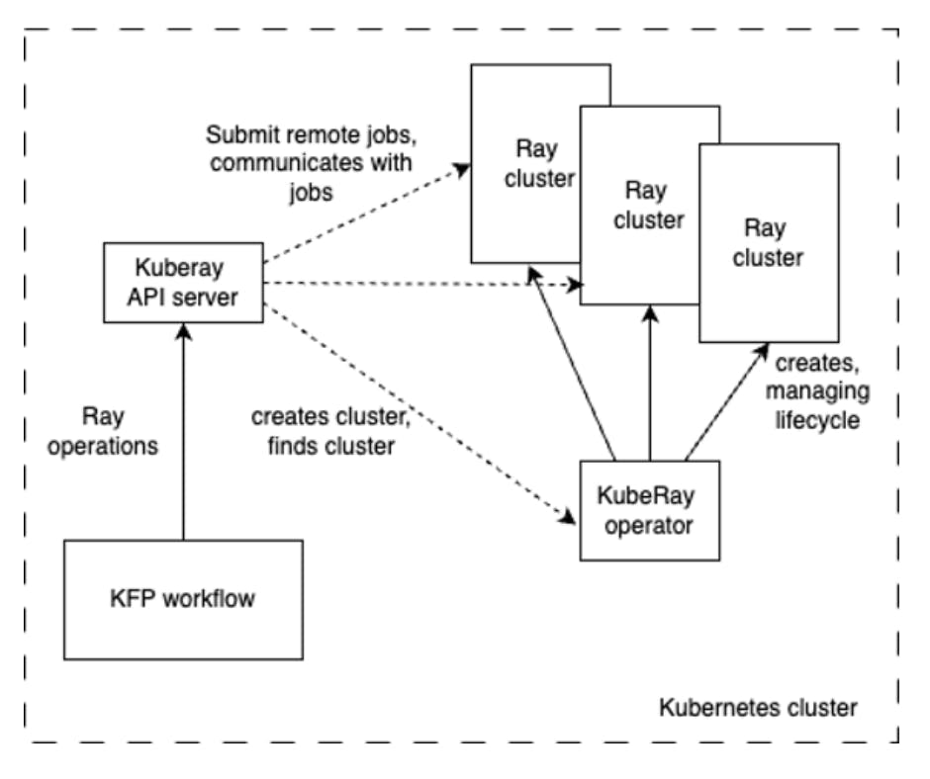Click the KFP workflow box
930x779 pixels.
182,599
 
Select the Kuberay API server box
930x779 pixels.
184,283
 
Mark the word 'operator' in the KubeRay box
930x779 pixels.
649,523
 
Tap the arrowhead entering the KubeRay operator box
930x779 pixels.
571,516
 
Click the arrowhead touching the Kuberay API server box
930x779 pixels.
184,328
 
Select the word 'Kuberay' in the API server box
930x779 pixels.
184,269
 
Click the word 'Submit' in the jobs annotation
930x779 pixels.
236,133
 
